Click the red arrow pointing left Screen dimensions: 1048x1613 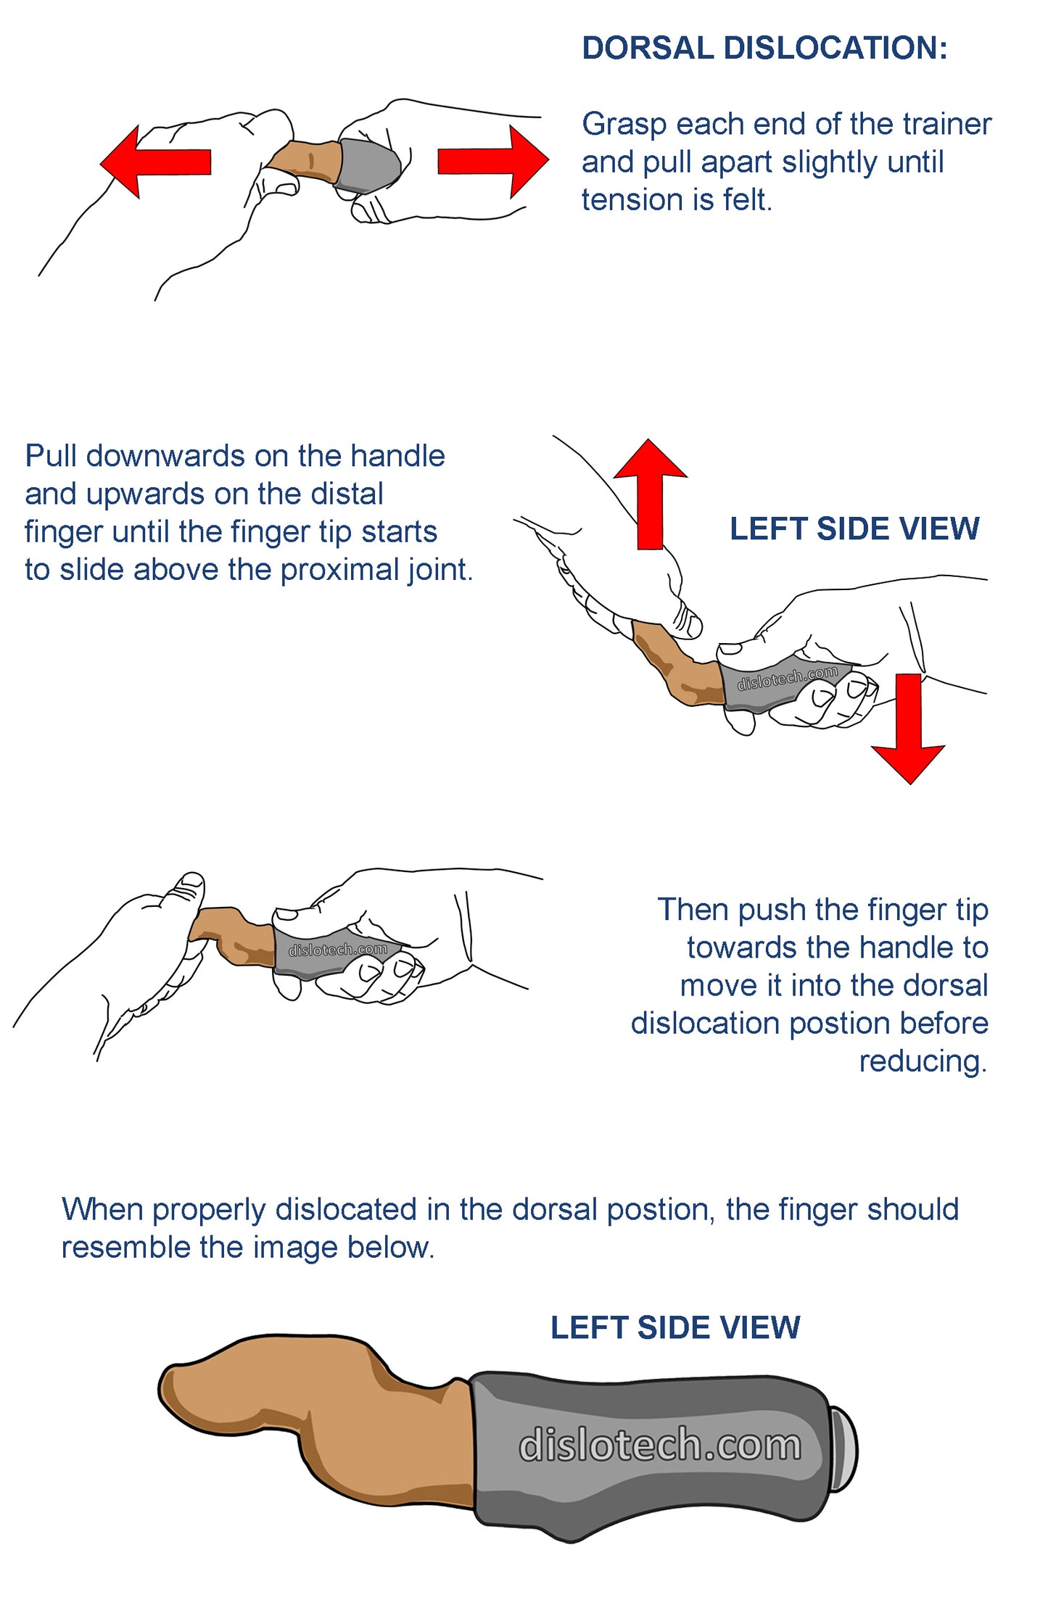(155, 162)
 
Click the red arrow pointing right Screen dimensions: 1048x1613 (493, 162)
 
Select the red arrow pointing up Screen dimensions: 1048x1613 (651, 494)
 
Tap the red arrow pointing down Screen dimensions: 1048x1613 (908, 729)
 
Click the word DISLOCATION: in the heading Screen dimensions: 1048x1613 (835, 49)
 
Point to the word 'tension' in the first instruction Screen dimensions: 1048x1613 (629, 200)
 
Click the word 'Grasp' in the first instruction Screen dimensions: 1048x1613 (624, 125)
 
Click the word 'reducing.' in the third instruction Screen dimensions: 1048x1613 (923, 1061)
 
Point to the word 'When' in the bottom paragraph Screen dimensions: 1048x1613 (103, 1209)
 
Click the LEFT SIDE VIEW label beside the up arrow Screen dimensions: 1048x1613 (854, 528)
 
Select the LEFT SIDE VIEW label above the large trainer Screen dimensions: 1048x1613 (675, 1327)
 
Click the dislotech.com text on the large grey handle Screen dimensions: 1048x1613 (660, 1444)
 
